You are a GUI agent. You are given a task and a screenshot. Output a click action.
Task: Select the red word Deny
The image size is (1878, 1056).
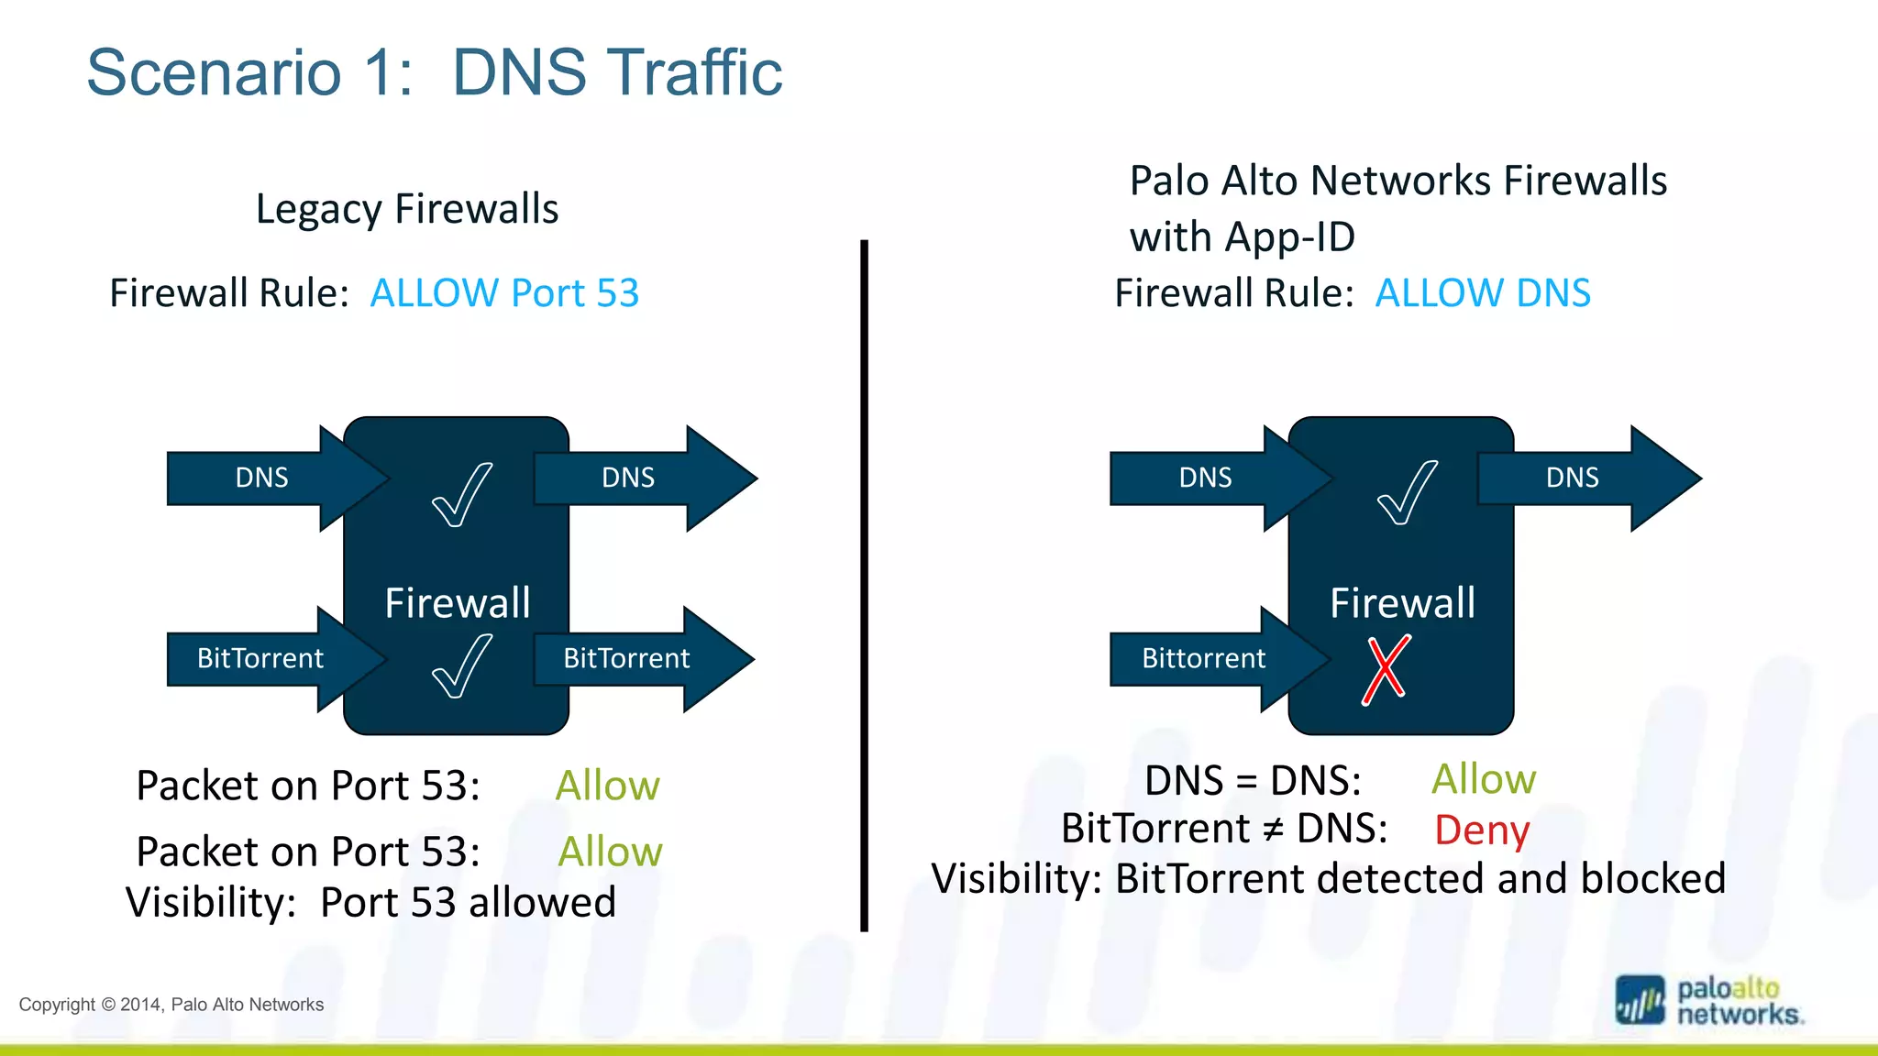(1481, 830)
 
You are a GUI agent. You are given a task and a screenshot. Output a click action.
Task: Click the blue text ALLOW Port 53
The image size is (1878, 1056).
(504, 293)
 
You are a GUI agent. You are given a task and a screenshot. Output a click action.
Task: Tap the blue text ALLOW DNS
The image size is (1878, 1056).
(1483, 293)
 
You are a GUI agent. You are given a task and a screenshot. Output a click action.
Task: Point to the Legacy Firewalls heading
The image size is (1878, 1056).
(407, 209)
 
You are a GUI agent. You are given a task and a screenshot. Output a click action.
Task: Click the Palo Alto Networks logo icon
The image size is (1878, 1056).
(1640, 1000)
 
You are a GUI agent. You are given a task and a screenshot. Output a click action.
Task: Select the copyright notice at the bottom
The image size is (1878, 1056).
(171, 1005)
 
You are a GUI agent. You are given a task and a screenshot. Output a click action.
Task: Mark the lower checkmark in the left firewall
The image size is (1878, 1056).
(461, 667)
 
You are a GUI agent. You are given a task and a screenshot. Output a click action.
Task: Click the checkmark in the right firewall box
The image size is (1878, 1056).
(1407, 493)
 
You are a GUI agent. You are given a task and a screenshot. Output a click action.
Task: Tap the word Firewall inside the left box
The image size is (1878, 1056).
(457, 603)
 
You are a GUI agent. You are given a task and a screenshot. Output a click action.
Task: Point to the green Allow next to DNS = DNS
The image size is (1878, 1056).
(1483, 779)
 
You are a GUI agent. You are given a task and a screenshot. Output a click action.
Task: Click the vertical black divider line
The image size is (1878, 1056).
(864, 587)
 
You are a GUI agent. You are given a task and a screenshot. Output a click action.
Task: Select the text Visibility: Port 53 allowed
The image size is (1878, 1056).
(371, 903)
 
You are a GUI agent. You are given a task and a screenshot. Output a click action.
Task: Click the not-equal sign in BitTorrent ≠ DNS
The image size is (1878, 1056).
(1272, 830)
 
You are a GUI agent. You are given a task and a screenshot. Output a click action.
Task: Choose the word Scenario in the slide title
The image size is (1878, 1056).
(214, 72)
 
